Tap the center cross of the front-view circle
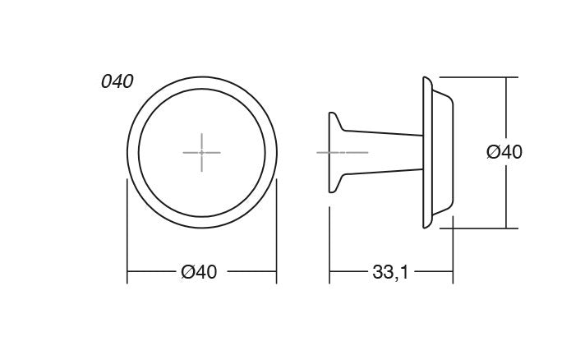click(201, 152)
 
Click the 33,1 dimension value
click(390, 272)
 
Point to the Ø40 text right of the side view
click(504, 152)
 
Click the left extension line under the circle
click(127, 238)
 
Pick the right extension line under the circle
click(276, 238)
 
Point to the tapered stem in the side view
click(382, 153)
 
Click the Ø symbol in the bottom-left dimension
click(186, 272)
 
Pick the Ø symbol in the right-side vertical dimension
click(493, 152)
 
